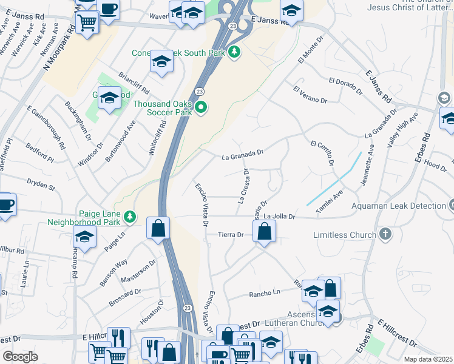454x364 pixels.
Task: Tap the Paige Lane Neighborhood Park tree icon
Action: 129,217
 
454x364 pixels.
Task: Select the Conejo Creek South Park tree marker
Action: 234,53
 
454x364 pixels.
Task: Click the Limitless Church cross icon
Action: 384,234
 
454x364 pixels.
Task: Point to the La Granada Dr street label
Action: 243,156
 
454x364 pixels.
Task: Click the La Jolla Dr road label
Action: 279,216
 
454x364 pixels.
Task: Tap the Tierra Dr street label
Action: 231,235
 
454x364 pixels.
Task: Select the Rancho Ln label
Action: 263,294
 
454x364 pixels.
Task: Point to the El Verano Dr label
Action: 310,95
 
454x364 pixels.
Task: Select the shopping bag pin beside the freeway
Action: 158,229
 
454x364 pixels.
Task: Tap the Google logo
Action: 21,356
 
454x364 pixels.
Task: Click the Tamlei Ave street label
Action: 328,201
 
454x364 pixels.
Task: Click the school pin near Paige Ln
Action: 84,237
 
